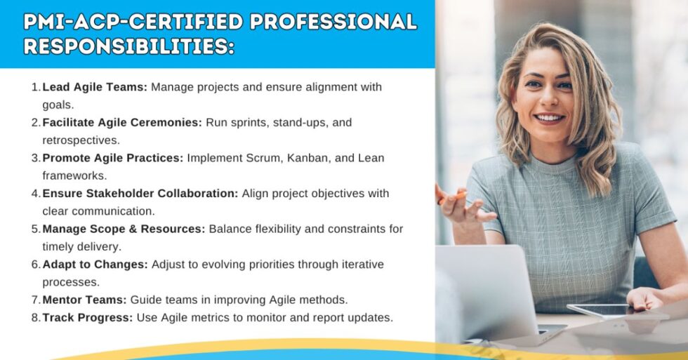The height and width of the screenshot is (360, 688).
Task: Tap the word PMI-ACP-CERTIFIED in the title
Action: tap(133, 21)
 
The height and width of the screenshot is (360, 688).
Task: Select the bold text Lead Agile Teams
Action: tap(95, 87)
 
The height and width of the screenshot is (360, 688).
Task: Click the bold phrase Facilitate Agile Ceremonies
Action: tap(122, 122)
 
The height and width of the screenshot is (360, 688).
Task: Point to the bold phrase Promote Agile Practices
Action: tap(112, 158)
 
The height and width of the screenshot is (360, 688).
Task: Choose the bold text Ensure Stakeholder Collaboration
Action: tap(140, 193)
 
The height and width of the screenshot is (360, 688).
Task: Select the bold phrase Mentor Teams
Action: tap(84, 300)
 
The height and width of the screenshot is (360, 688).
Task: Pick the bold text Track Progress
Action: tap(88, 317)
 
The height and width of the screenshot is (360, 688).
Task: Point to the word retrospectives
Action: tap(81, 140)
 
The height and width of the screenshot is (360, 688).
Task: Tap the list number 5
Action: tap(35, 229)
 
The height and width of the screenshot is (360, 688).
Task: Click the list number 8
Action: tap(35, 317)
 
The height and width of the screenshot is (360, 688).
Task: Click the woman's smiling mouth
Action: tap(550, 117)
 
